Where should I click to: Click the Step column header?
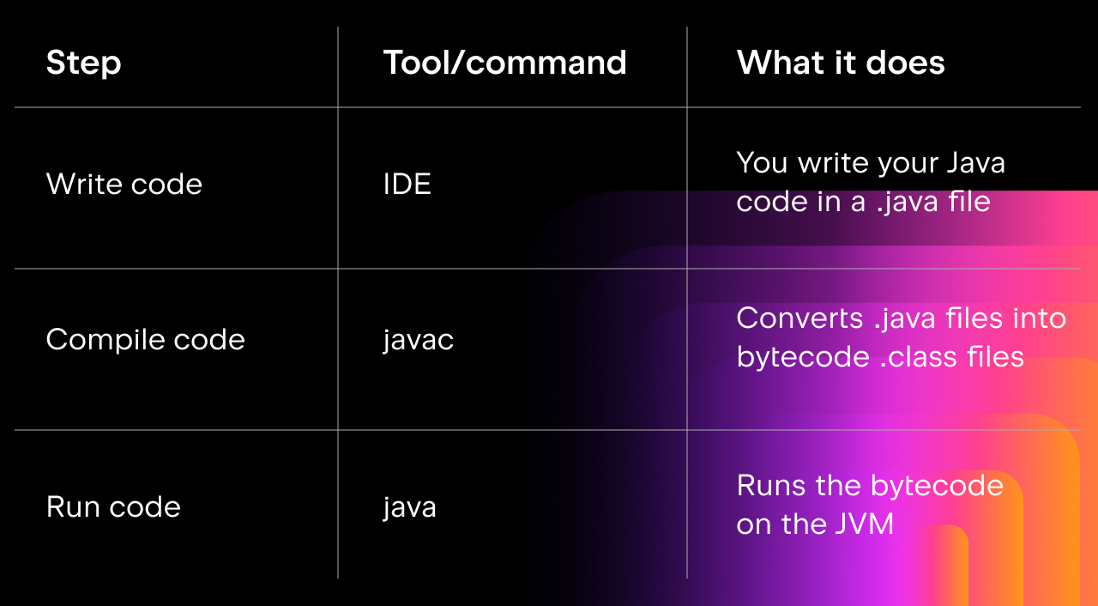[x=83, y=64]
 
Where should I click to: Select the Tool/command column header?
[x=505, y=63]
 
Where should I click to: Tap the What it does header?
[x=841, y=63]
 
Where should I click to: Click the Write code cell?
[x=124, y=184]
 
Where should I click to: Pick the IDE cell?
[x=407, y=184]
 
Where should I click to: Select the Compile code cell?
[x=145, y=340]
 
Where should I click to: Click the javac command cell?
[x=418, y=340]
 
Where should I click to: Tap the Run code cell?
[x=113, y=506]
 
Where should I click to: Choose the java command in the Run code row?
[x=409, y=507]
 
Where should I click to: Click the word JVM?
[x=864, y=524]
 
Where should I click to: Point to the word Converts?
[x=799, y=318]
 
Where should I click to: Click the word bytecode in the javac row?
[x=803, y=357]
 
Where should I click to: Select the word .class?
[x=916, y=356]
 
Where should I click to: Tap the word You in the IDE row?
[x=762, y=163]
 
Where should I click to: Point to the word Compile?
[x=104, y=340]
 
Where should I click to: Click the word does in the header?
[x=905, y=63]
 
